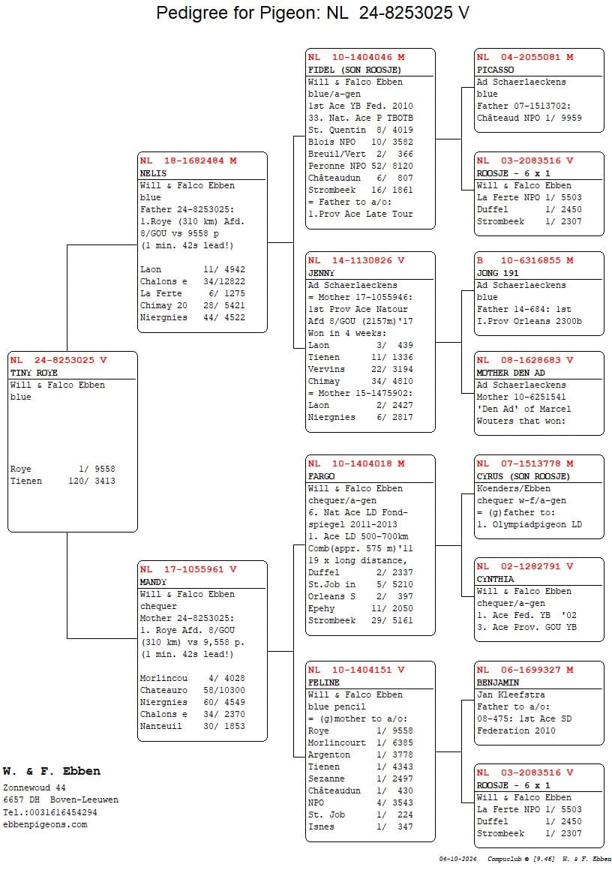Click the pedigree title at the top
tap(313, 13)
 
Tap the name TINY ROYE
tap(34, 373)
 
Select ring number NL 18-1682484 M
tap(188, 160)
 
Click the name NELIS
tap(153, 173)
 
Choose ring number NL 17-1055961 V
tap(188, 569)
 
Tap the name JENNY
tap(321, 273)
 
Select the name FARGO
tap(321, 476)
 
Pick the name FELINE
tap(323, 682)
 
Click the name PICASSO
tap(495, 70)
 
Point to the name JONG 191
tap(497, 273)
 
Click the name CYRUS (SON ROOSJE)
tap(523, 476)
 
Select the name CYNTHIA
tap(495, 579)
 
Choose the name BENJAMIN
tap(497, 682)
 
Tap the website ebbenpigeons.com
tap(45, 824)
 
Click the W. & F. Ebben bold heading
tap(51, 771)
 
